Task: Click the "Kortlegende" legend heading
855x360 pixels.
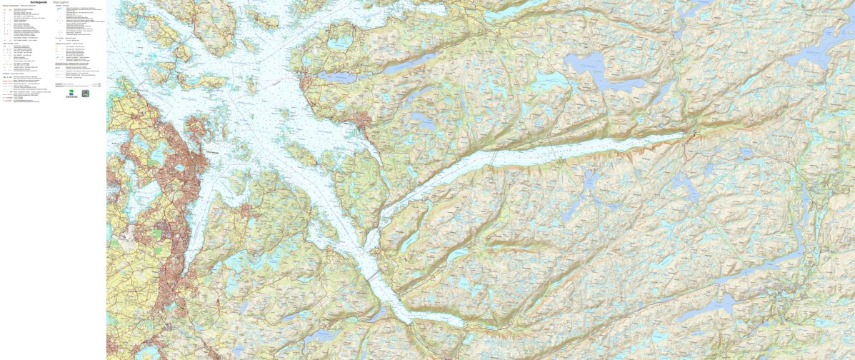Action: [40, 2]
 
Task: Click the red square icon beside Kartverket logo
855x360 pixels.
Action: [85, 93]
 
